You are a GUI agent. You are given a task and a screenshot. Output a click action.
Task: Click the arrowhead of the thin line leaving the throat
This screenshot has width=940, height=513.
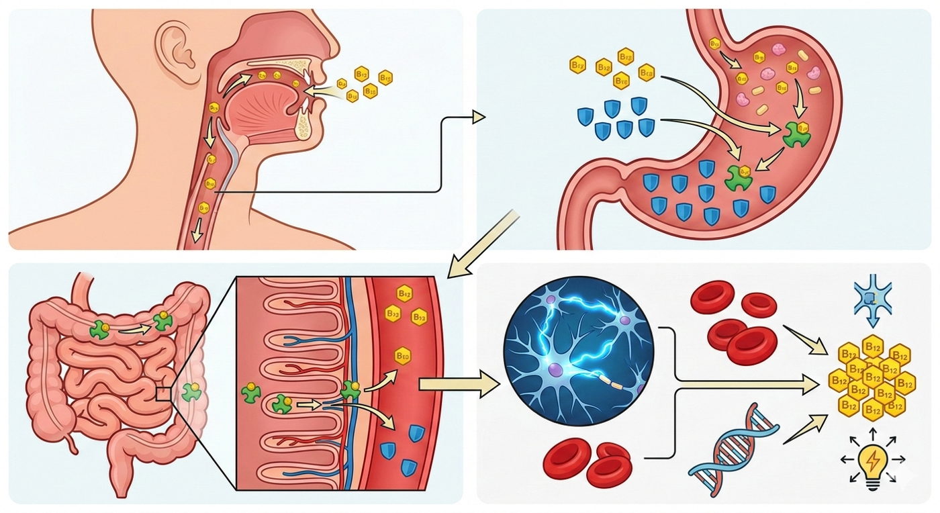click(x=478, y=117)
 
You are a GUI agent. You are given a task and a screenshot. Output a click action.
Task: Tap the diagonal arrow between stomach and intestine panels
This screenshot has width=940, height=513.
click(x=483, y=244)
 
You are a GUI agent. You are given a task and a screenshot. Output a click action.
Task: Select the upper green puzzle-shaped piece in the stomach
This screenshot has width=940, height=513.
click(x=797, y=134)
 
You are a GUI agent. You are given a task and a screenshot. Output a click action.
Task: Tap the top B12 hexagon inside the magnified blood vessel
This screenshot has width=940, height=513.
click(x=404, y=293)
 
